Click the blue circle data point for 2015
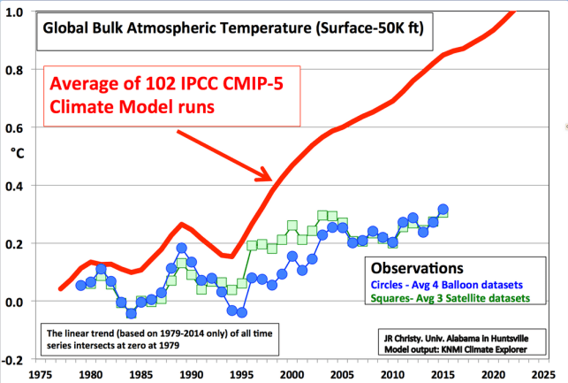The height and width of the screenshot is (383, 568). tap(443, 210)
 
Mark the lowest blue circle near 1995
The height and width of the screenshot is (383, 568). tap(242, 312)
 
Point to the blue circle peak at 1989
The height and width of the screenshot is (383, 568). tap(181, 249)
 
